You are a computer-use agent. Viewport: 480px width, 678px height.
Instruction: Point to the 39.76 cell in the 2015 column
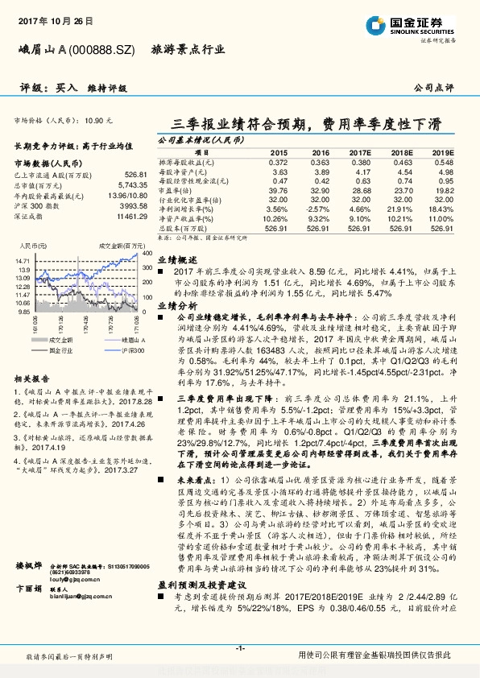point(277,190)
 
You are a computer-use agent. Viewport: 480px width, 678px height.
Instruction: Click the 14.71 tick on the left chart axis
point(23,262)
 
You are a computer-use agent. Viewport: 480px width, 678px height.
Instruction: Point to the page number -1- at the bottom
point(239,648)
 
